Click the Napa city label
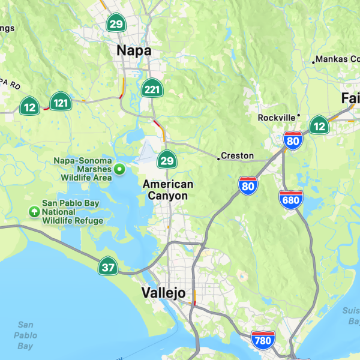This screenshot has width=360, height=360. tap(134, 51)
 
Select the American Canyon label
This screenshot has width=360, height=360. tap(168, 190)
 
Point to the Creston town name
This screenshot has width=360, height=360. tap(238, 156)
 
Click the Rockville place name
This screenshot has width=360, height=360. tap(277, 118)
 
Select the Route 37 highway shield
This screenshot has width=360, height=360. tap(108, 266)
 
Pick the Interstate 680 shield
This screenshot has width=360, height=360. tap(290, 198)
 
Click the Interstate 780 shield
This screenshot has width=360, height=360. tap(263, 340)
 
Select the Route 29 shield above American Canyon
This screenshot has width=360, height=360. tap(167, 160)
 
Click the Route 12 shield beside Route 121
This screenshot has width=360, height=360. tap(29, 107)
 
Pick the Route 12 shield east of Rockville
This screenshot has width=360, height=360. tap(319, 125)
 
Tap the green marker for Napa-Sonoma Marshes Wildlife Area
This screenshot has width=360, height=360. tap(119, 169)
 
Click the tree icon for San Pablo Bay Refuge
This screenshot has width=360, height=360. tap(34, 211)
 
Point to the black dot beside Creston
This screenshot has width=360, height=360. tap(218, 159)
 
